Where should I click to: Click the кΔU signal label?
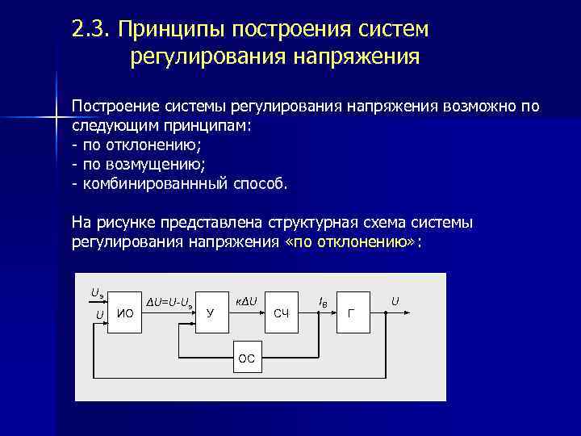click(246, 302)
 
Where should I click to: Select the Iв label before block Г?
click(323, 302)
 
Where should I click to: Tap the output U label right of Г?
click(395, 301)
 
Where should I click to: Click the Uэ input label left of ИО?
click(97, 293)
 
